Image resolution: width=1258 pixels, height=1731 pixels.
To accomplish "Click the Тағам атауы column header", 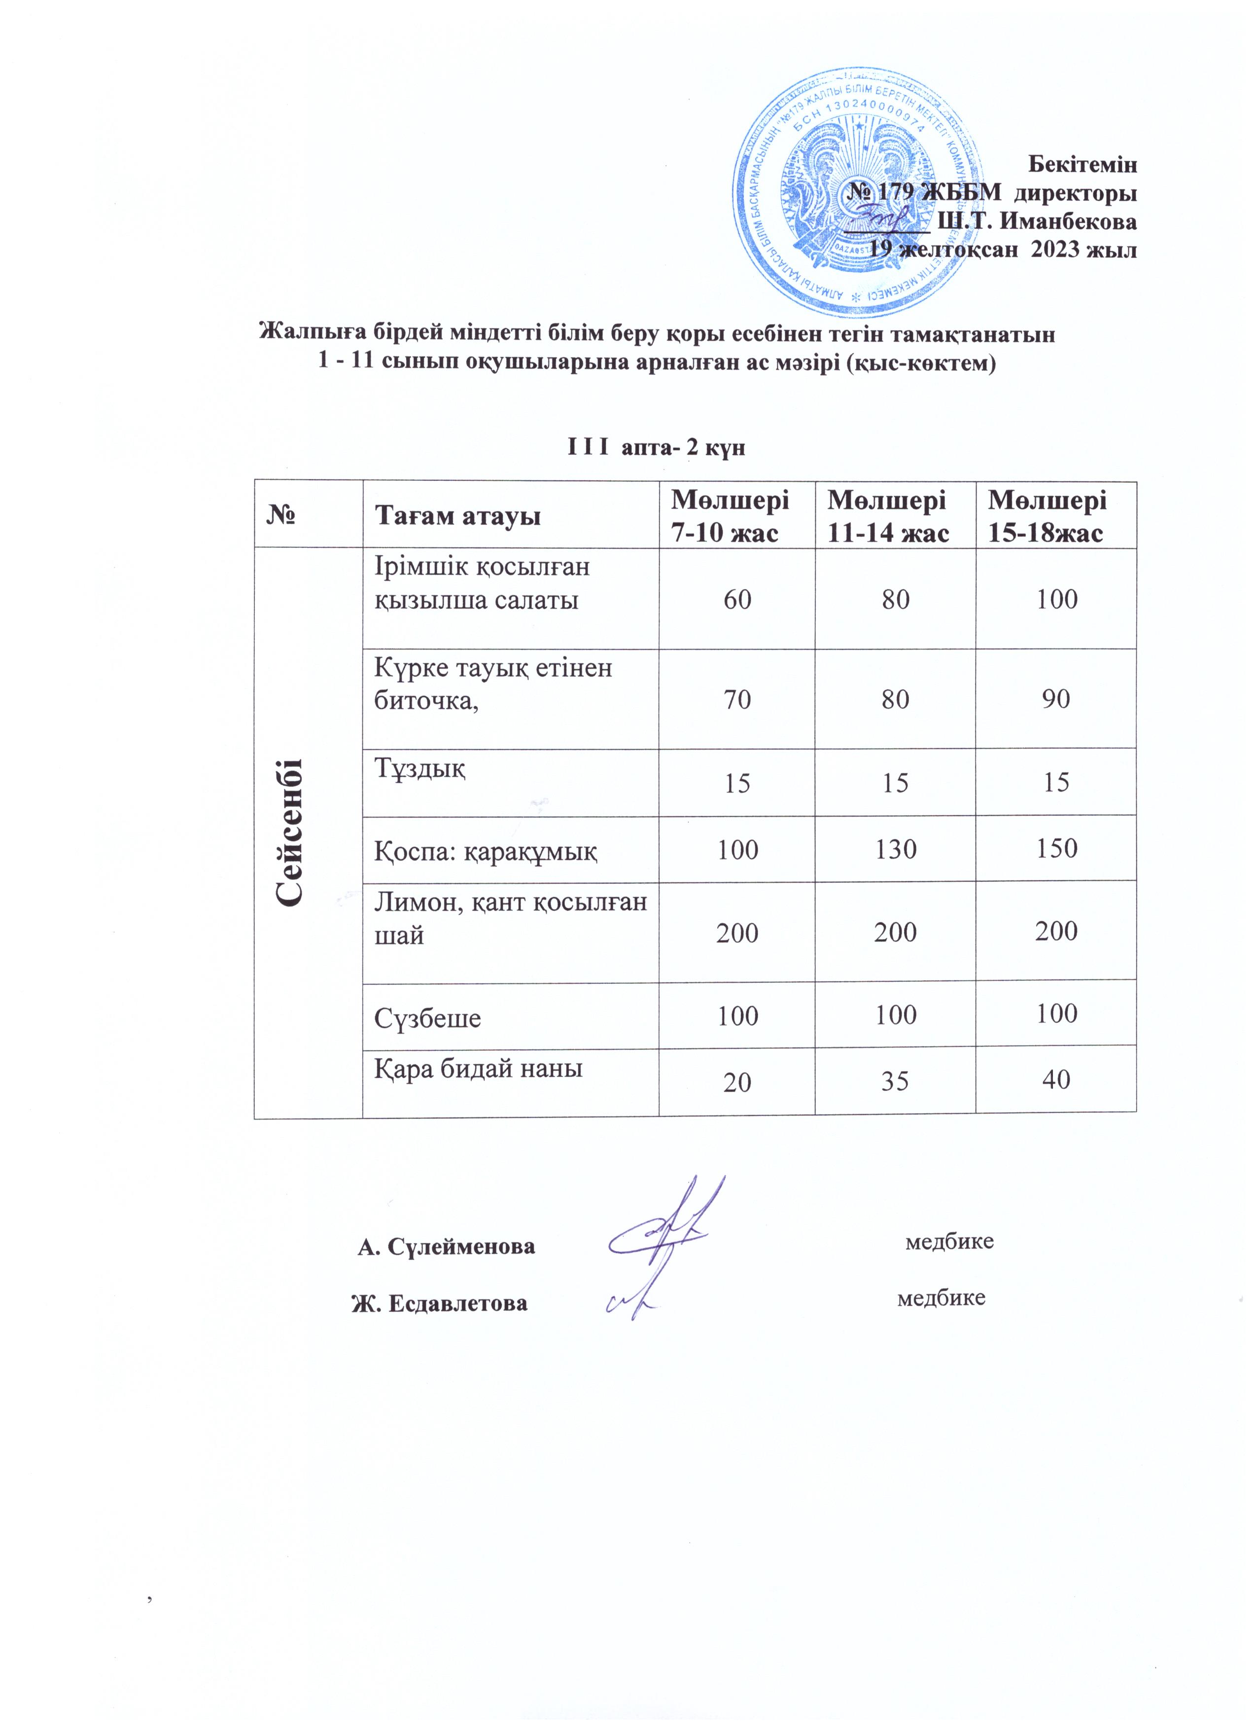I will [x=458, y=517].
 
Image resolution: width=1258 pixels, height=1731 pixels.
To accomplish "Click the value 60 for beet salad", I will [x=737, y=599].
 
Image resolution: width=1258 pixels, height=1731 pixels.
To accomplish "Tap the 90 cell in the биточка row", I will [x=1056, y=698].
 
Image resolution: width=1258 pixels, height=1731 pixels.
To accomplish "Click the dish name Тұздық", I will [x=419, y=768].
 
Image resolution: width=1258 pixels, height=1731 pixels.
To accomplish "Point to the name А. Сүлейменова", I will [x=446, y=1247].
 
